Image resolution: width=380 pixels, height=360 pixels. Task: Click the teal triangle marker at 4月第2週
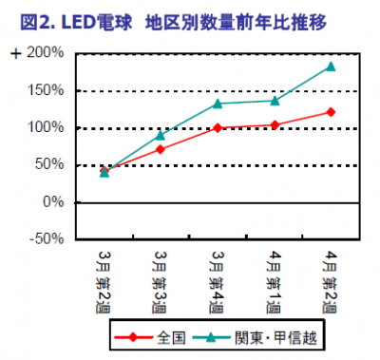coord(331,66)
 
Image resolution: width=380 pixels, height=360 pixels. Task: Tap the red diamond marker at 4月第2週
coord(331,112)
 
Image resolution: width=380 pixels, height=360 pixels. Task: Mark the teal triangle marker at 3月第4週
coord(218,104)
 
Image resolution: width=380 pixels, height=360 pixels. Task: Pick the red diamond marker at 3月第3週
coord(161,149)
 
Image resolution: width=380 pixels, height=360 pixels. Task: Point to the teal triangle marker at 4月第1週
coord(274,101)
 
